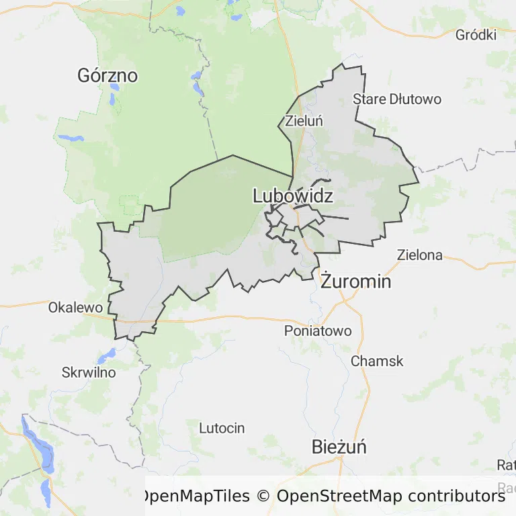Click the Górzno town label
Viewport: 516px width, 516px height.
pyautogui.click(x=107, y=75)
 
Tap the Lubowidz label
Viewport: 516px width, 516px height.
pyautogui.click(x=293, y=196)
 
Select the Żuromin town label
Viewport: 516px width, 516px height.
pyautogui.click(x=355, y=281)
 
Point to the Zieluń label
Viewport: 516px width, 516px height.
pyautogui.click(x=304, y=122)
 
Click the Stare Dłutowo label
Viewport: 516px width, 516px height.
pyautogui.click(x=397, y=99)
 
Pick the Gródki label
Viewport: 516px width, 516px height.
pyautogui.click(x=476, y=35)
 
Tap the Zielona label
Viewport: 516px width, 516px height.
pyautogui.click(x=420, y=255)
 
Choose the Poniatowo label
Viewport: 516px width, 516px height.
pyautogui.click(x=318, y=331)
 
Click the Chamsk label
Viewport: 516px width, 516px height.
pyautogui.click(x=377, y=361)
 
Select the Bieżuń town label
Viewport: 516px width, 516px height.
pyautogui.click(x=339, y=447)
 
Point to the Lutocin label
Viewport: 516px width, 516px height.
pyautogui.click(x=222, y=428)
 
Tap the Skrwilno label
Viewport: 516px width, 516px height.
pyautogui.click(x=89, y=372)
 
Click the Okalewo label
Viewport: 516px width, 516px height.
pyautogui.click(x=75, y=308)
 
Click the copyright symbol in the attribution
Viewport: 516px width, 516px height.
pyautogui.click(x=263, y=497)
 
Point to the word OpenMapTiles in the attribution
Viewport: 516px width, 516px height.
pyautogui.click(x=195, y=497)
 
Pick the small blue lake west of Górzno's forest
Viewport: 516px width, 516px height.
pyautogui.click(x=71, y=138)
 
